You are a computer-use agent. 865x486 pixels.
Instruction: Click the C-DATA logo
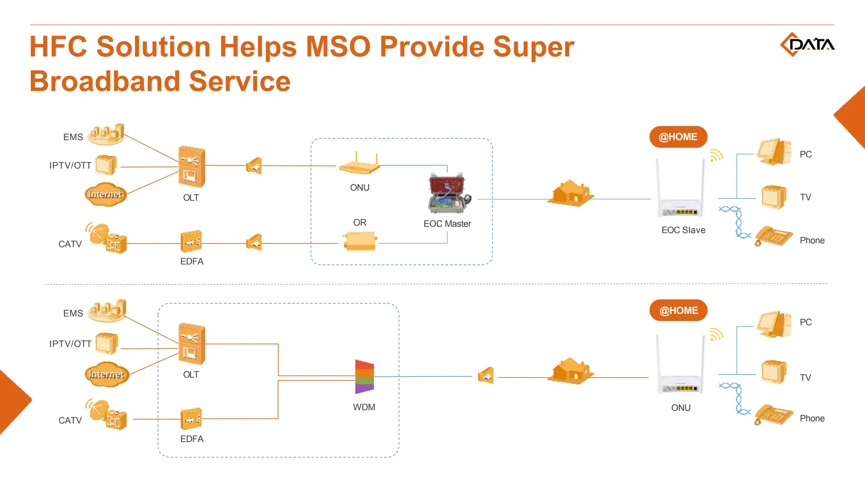807,44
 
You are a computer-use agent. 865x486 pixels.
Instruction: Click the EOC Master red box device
448,194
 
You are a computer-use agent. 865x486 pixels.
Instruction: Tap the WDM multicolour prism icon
364,376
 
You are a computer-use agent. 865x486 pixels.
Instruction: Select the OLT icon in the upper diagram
191,167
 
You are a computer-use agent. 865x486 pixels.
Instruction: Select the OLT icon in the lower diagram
191,343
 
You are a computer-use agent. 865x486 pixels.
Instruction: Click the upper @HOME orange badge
678,137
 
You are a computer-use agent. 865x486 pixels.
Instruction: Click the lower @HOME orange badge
678,310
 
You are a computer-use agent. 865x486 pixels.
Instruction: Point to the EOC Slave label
683,230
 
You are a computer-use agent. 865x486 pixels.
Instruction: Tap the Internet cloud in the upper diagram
105,194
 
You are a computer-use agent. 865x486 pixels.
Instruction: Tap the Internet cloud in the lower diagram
106,374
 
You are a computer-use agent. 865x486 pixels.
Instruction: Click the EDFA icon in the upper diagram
191,241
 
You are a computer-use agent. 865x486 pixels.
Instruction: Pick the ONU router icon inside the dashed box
359,165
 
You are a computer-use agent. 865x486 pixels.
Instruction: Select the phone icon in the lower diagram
773,414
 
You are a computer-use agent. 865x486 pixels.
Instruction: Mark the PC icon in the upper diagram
774,151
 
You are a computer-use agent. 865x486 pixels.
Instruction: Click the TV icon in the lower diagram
773,372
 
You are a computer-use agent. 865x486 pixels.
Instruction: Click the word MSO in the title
338,46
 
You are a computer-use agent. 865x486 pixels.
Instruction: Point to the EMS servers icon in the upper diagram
106,134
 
